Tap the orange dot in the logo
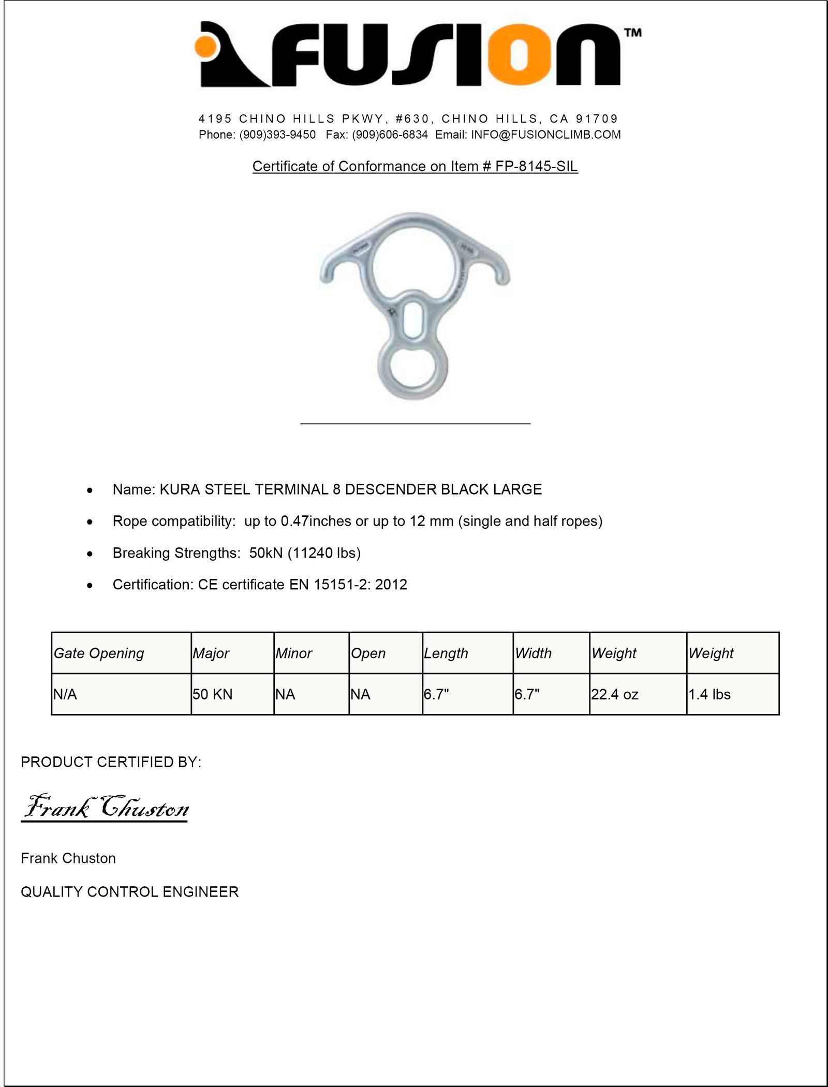coord(205,46)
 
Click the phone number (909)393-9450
coord(277,135)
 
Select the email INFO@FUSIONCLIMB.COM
coord(545,135)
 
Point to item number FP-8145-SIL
coord(536,167)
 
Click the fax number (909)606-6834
coord(390,135)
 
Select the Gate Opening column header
coord(99,653)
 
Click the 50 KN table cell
coord(213,694)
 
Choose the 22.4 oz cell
coord(615,694)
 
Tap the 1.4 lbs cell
coord(709,694)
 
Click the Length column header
coord(446,653)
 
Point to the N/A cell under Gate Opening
coord(65,694)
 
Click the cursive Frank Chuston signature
coord(106,807)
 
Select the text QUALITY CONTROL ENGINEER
coord(130,892)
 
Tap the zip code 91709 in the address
coord(597,119)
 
